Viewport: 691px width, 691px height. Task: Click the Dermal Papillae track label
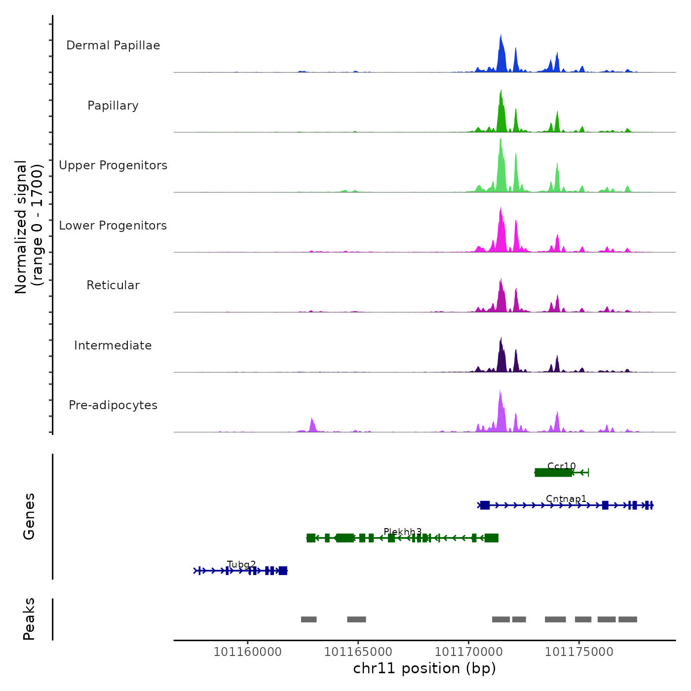pos(113,45)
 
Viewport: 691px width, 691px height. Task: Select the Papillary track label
pos(113,106)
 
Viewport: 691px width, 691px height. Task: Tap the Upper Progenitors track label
pos(113,165)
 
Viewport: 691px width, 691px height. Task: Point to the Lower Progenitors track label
pos(113,226)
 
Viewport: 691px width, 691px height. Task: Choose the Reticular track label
pos(113,285)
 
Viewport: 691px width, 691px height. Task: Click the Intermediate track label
pos(113,345)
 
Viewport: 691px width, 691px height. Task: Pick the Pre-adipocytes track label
pos(113,405)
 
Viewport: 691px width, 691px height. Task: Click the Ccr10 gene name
pos(562,466)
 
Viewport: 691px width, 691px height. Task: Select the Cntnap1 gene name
pos(566,499)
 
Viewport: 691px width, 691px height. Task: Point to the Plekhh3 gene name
pos(403,532)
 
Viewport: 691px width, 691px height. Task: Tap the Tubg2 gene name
pos(242,564)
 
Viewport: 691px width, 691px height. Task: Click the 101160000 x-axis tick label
pos(247,652)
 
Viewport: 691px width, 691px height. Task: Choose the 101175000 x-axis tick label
pos(579,652)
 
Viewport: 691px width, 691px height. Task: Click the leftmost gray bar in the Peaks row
pos(309,619)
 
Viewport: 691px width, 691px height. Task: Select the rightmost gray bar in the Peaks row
pos(628,619)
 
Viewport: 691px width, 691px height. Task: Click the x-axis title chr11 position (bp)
pos(424,668)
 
